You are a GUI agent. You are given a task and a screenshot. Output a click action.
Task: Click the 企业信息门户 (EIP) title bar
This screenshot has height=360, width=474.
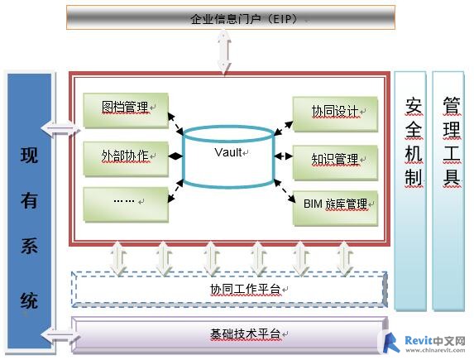[231, 17]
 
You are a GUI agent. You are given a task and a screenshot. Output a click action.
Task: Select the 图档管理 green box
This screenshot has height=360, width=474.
[126, 110]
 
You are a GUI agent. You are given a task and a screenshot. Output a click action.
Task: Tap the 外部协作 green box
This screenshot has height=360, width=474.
[126, 159]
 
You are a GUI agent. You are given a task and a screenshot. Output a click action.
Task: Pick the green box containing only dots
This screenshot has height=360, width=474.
[126, 204]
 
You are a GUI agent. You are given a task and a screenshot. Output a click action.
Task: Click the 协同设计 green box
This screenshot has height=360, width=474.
[336, 114]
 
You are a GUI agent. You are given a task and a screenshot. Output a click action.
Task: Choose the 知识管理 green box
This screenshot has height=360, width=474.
[336, 163]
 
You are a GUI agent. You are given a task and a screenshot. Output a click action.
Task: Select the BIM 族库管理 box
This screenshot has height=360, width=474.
[336, 208]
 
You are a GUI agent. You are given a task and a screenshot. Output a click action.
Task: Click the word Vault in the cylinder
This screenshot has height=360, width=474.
[228, 152]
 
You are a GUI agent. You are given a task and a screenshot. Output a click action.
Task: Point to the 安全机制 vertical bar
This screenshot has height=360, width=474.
[410, 191]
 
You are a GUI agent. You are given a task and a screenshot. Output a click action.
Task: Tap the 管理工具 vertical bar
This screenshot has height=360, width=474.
[448, 191]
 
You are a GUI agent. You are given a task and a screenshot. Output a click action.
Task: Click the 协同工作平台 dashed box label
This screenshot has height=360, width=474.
[245, 289]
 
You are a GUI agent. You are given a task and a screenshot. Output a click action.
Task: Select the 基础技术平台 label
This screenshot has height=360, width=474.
[245, 334]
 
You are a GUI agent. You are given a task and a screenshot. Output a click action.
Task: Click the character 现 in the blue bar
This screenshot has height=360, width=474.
[29, 155]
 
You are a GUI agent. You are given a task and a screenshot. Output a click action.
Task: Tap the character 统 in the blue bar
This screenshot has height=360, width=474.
[29, 300]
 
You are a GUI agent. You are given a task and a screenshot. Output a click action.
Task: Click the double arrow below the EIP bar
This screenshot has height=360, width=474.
[224, 52]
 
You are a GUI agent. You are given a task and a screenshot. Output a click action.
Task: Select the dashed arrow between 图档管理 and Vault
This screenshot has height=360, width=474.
[175, 123]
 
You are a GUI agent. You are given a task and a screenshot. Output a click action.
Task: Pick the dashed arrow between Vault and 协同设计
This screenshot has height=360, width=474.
[284, 128]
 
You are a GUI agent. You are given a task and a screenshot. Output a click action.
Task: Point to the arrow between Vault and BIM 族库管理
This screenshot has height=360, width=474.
[285, 190]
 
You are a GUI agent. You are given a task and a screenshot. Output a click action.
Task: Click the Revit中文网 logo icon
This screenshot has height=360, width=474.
[391, 342]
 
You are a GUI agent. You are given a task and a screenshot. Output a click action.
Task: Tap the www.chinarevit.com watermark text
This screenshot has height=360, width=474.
[435, 350]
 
